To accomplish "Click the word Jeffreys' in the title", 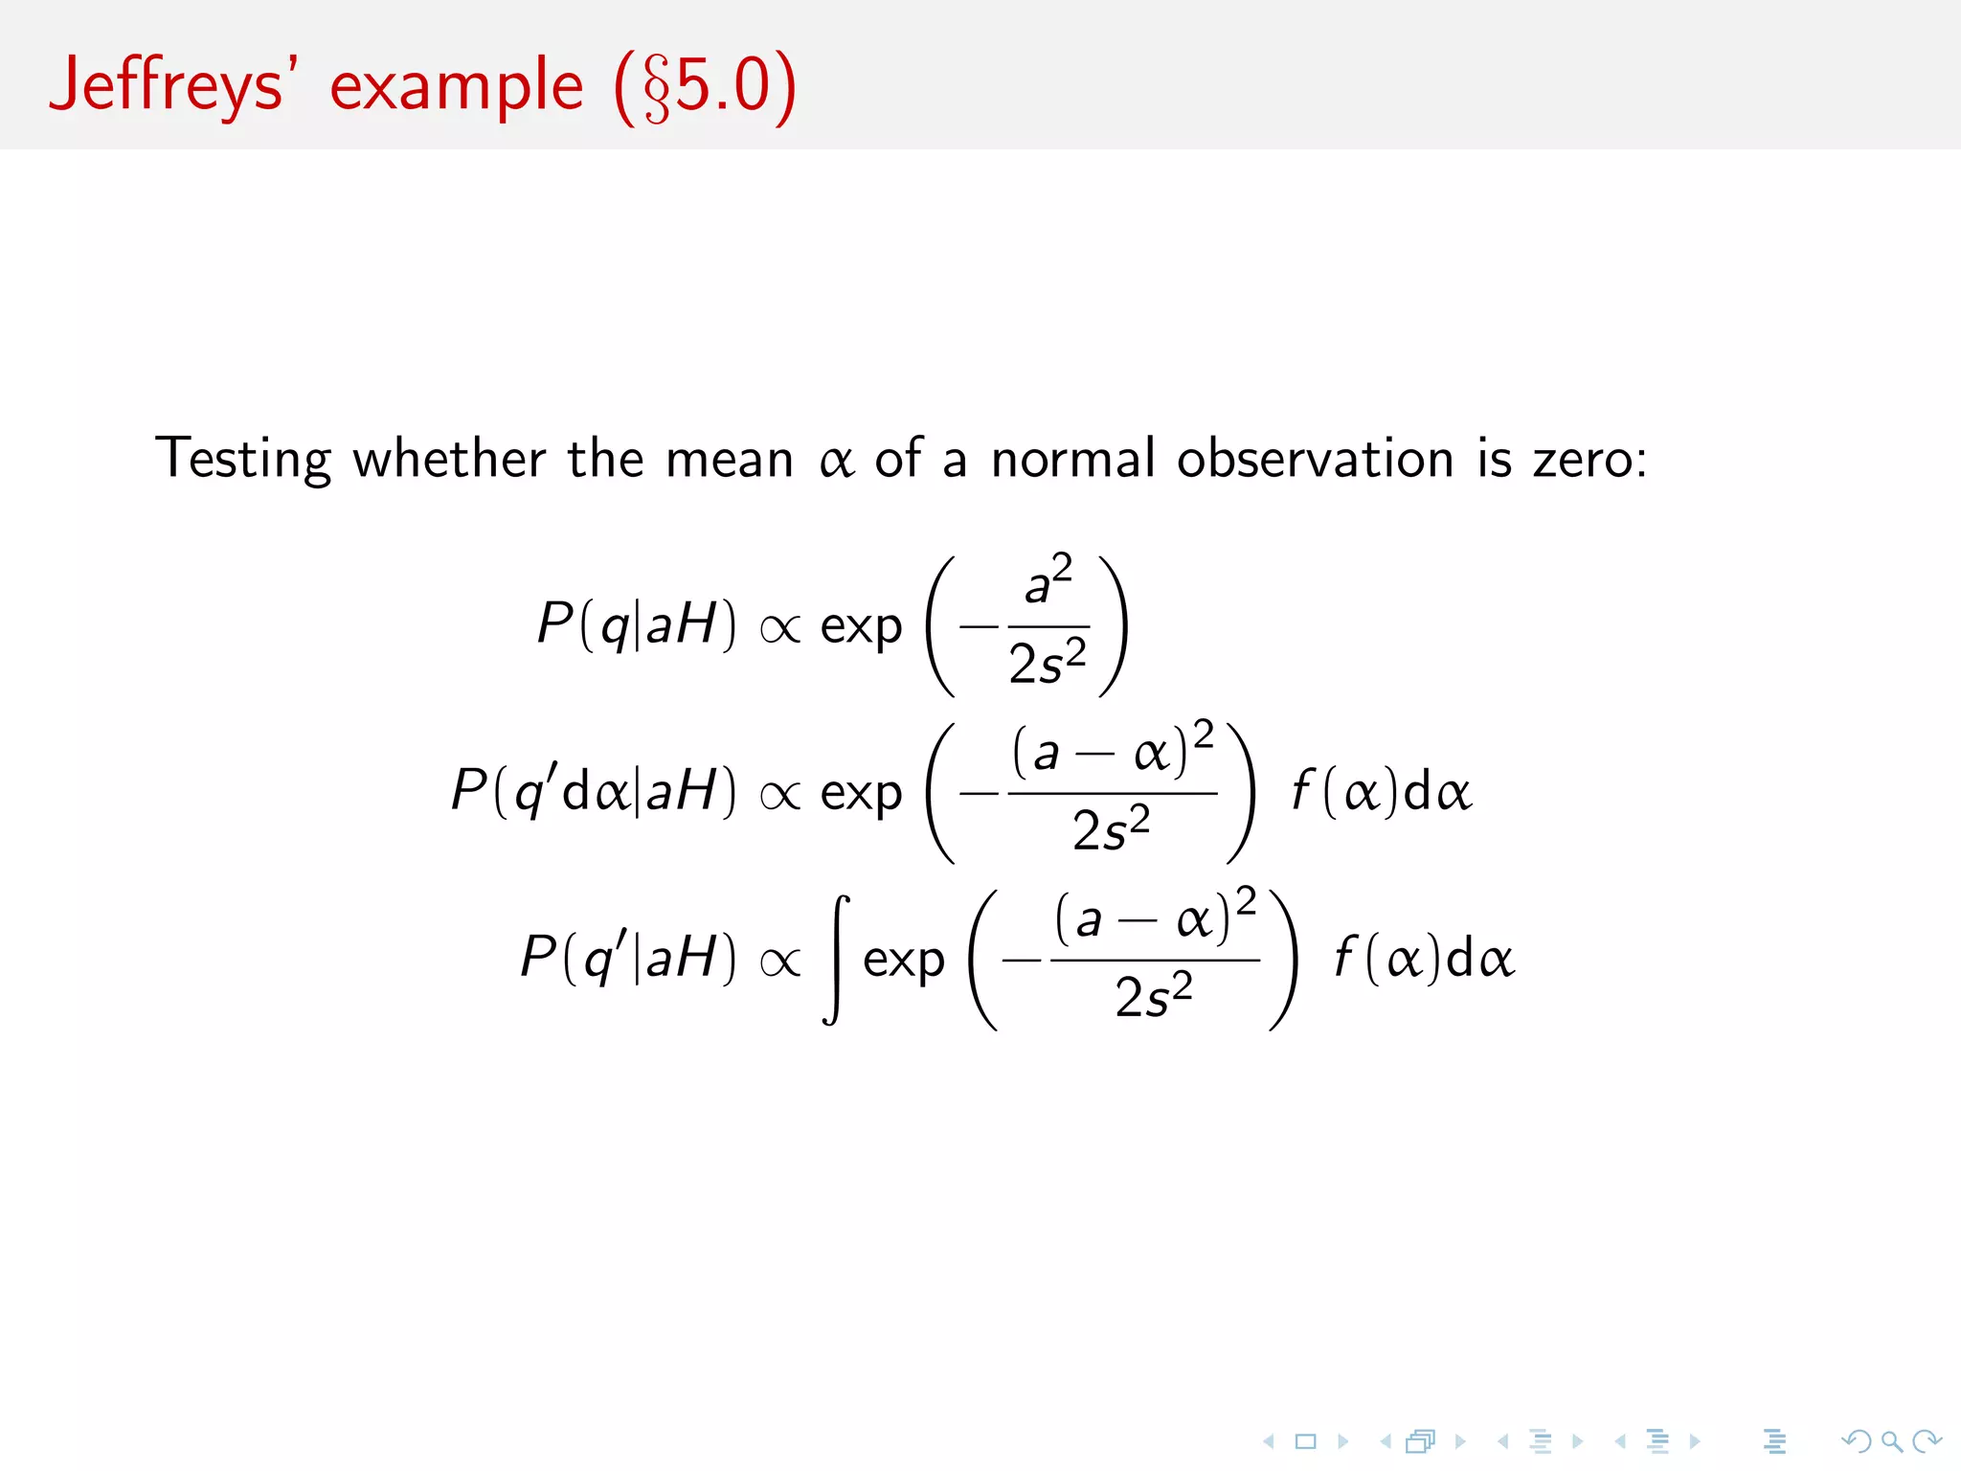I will (168, 86).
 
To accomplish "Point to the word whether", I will (449, 458).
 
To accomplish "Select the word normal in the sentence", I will (1072, 458).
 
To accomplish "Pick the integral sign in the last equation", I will (836, 960).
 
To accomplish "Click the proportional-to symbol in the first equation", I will (779, 628).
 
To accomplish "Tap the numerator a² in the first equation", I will (1048, 580).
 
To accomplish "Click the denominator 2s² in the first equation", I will (1048, 663).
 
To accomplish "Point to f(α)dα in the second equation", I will (1381, 793).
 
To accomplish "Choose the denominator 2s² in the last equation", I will (1154, 996).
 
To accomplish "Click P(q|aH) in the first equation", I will (637, 624).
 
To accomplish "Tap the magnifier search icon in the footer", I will (1891, 1441).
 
